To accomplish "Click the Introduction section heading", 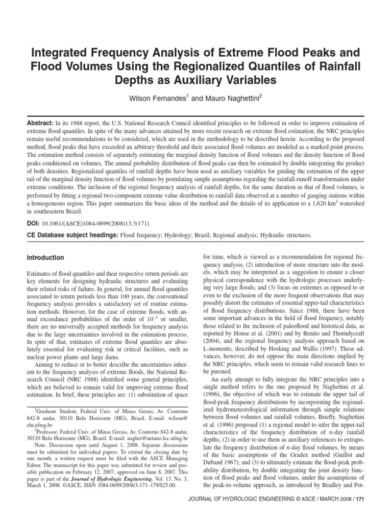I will click(45, 258).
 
